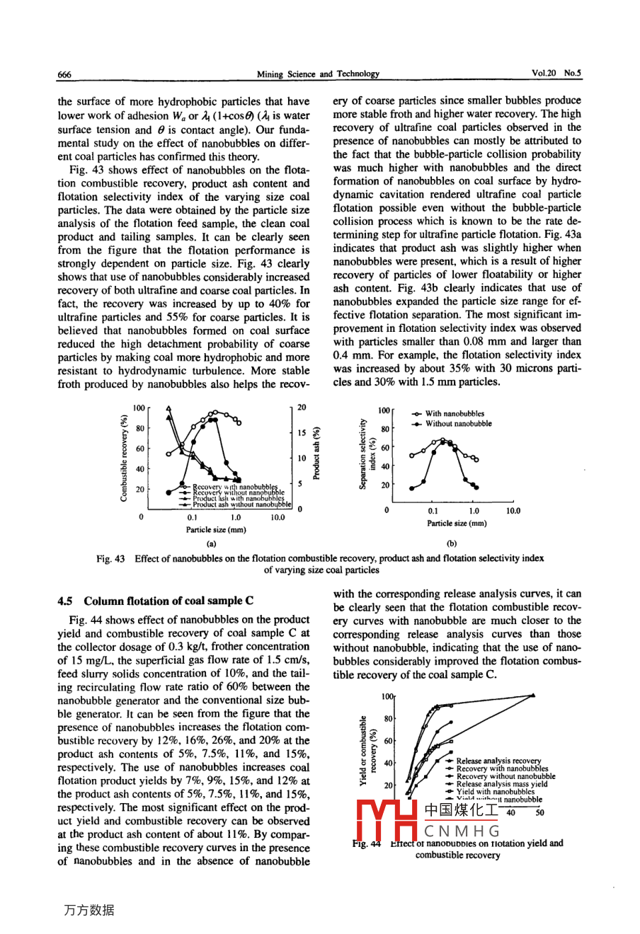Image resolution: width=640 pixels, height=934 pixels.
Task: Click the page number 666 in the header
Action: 64,74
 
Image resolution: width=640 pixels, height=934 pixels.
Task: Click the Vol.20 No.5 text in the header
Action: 556,73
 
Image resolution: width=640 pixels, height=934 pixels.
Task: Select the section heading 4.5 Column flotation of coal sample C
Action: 155,601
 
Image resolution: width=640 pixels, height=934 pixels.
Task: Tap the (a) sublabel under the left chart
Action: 211,543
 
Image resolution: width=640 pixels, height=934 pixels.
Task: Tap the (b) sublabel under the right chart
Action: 452,543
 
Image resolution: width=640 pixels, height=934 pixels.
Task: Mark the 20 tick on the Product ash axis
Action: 302,408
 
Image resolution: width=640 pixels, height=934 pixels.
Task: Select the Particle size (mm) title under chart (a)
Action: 216,529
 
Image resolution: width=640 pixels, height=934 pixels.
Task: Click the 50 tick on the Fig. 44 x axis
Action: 539,813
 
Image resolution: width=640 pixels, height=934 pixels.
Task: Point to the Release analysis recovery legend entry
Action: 498,761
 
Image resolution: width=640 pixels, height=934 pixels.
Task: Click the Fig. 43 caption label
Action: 110,558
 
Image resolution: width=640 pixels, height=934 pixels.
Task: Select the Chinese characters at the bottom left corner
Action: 88,911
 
